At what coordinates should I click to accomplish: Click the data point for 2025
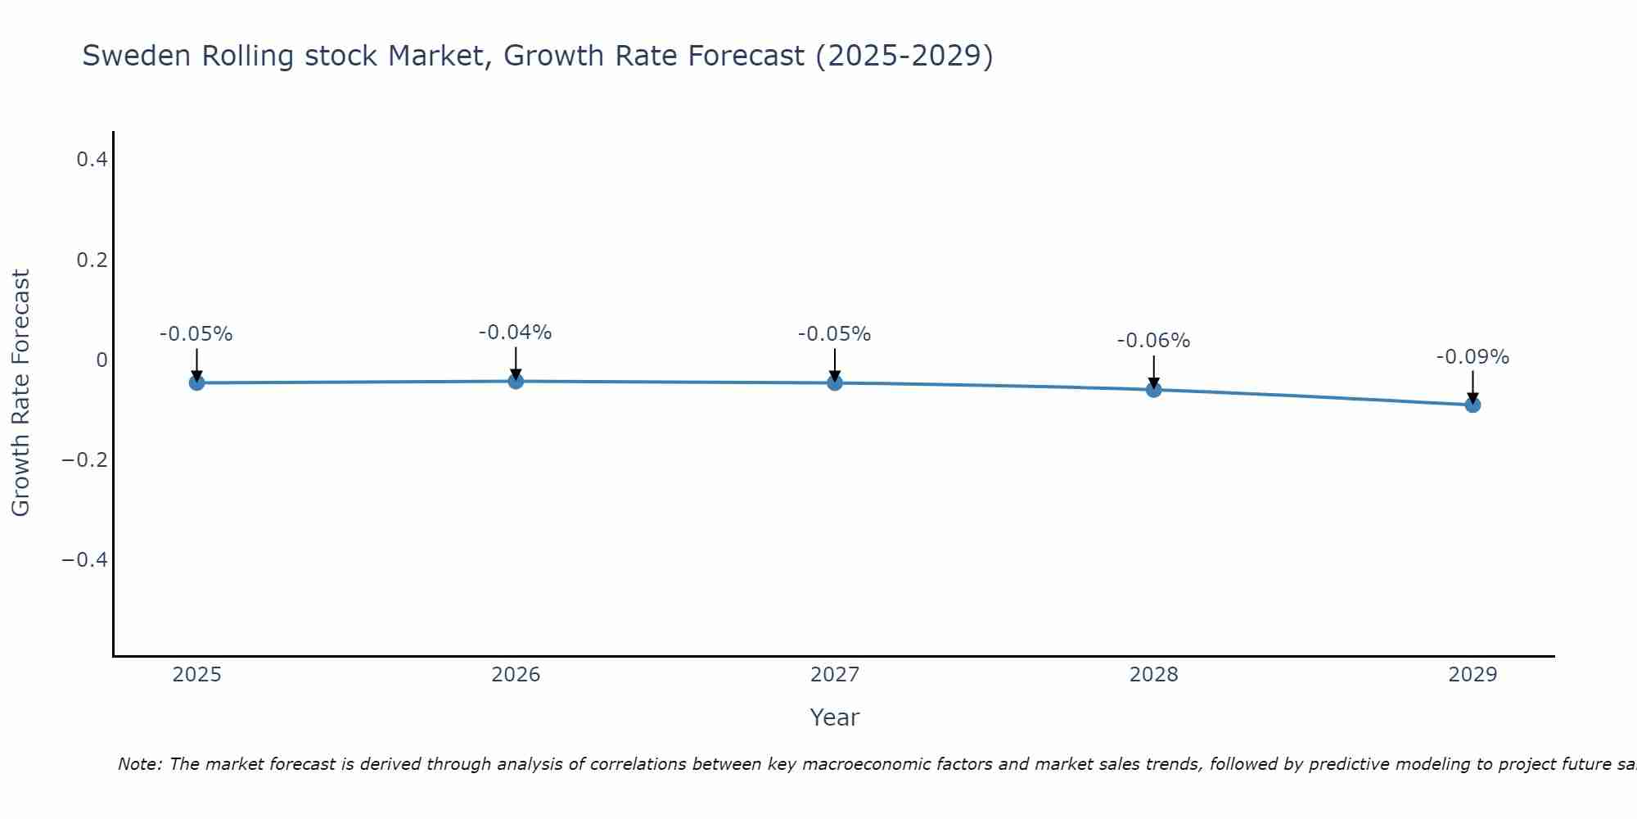196,382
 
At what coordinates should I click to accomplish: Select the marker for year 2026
516,381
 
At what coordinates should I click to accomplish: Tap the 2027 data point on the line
835,382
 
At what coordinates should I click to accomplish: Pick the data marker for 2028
1153,390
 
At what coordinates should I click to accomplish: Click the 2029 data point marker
1472,405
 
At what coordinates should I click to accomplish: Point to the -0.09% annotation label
1472,357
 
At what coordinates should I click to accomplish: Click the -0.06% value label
1153,341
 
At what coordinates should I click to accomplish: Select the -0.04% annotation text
515,333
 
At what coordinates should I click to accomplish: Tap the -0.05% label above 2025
196,334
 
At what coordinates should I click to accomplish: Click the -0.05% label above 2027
834,334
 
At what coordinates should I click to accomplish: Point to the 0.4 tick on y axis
92,160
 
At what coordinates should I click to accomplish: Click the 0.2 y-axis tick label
92,260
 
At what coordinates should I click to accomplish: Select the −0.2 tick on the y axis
85,460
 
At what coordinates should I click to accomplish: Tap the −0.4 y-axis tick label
85,560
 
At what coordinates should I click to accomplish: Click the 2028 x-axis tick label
1153,675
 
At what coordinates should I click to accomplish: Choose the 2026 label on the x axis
516,675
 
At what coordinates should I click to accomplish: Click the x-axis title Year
834,717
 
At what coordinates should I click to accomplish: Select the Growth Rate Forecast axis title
20,393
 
